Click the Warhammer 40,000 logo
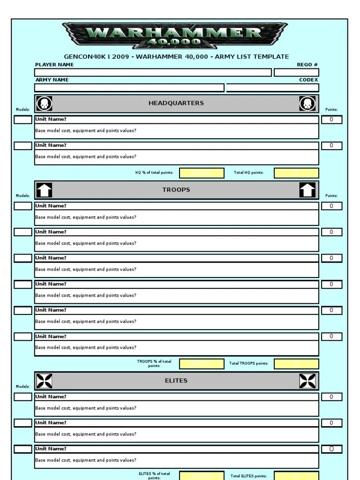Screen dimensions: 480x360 [x=176, y=36]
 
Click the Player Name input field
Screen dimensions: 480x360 [x=153, y=73]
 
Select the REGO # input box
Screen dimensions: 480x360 [x=296, y=73]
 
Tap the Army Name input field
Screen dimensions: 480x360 [x=129, y=88]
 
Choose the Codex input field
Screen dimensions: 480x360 [x=272, y=88]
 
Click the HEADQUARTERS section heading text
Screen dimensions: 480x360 [x=176, y=103]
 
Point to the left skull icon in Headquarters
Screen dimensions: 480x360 [x=44, y=104]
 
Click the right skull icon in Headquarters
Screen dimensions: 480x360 [x=307, y=104]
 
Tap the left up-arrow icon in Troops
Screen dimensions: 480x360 [x=44, y=190]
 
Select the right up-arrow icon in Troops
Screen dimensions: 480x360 [x=307, y=190]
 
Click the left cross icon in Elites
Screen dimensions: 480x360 [x=44, y=381]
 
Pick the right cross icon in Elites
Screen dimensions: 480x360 [x=307, y=381]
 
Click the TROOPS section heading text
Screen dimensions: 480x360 [x=176, y=190]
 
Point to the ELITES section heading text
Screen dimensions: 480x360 [x=176, y=381]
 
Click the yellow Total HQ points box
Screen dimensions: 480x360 [x=296, y=173]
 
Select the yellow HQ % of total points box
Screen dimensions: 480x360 [x=202, y=173]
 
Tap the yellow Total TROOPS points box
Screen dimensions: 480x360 [x=296, y=364]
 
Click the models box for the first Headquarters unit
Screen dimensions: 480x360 [x=23, y=120]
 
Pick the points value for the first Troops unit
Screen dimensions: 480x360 [x=331, y=206]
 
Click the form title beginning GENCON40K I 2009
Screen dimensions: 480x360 [x=176, y=57]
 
